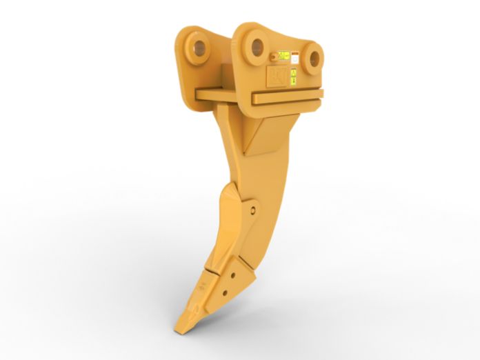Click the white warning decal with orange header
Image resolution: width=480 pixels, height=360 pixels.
pos(294,58)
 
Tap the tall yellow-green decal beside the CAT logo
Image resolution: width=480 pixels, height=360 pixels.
pos(292,75)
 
